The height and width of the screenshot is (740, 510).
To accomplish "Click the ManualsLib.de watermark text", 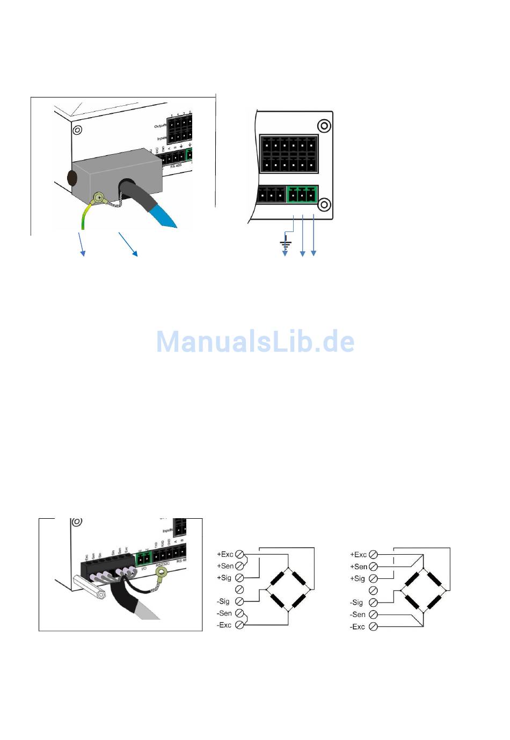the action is tap(255, 342).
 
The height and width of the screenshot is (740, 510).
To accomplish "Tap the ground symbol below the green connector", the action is tap(286, 244).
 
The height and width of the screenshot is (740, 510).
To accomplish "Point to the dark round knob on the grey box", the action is tap(71, 178).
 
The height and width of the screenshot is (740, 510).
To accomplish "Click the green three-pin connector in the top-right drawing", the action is tap(302, 194).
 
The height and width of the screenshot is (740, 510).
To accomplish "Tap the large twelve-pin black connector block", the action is tap(289, 153).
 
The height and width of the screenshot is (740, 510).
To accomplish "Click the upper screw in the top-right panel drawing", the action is tap(324, 126).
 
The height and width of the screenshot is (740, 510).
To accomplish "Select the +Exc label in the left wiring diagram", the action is tap(225, 554).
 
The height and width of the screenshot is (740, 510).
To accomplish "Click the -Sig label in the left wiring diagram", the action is tap(223, 601).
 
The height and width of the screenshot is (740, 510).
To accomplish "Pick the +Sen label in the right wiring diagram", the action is tap(359, 567).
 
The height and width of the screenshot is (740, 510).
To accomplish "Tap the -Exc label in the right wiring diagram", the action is tap(358, 627).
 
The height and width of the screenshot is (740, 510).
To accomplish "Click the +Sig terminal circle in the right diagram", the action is tap(373, 579).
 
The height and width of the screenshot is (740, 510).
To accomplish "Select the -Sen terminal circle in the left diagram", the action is tap(240, 613).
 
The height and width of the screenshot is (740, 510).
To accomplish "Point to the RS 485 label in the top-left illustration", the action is tap(176, 166).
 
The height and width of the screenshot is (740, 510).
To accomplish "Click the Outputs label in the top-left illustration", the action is tap(161, 126).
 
